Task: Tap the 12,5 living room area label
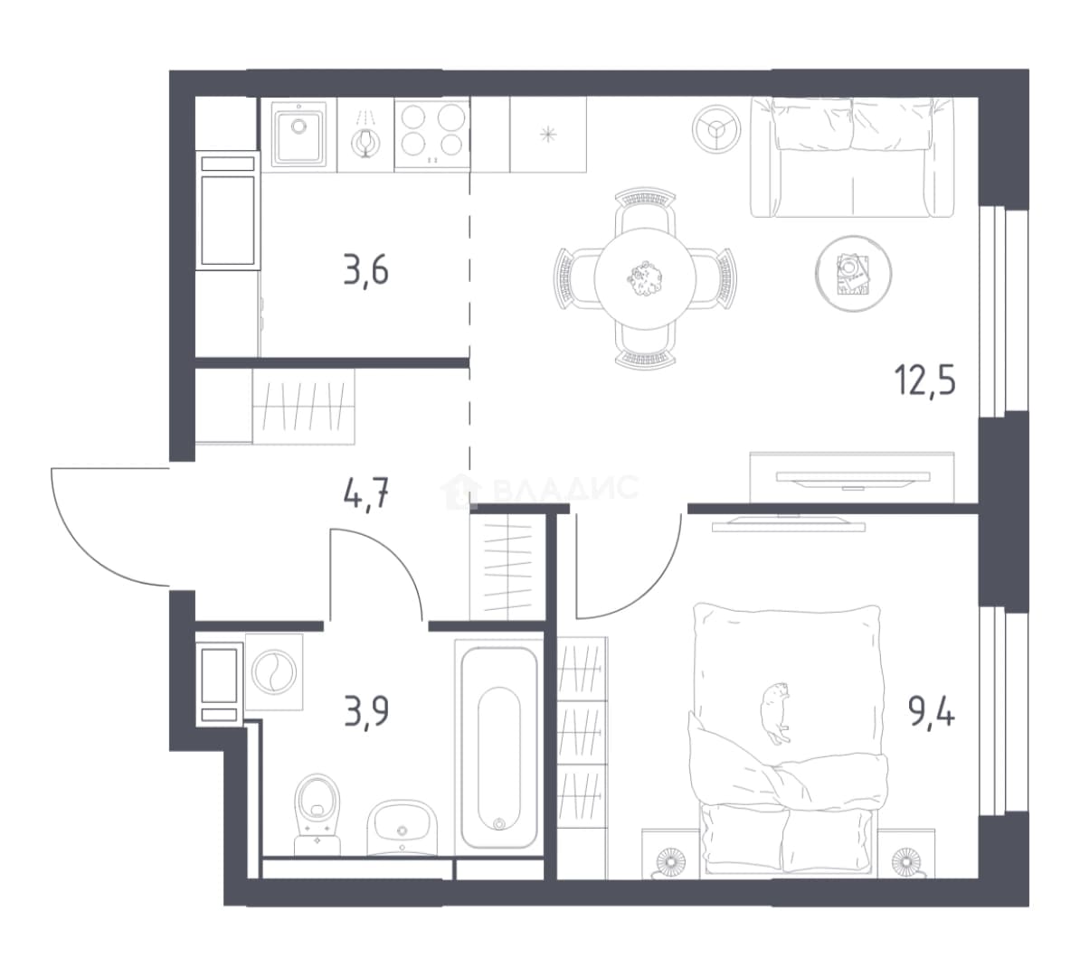click(925, 380)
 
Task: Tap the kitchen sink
click(298, 133)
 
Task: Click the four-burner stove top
click(431, 135)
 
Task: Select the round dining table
click(645, 278)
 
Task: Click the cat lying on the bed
click(775, 712)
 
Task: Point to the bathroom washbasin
click(402, 827)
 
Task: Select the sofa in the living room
click(852, 157)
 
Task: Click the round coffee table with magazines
click(853, 273)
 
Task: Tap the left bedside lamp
click(670, 862)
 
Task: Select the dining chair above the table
click(645, 212)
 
